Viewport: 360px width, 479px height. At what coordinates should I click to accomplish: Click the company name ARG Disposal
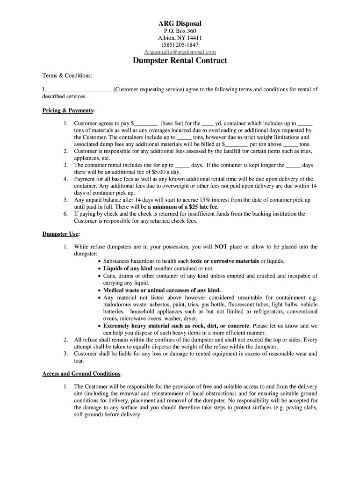(x=180, y=23)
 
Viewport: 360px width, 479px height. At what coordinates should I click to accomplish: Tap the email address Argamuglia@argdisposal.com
(x=180, y=52)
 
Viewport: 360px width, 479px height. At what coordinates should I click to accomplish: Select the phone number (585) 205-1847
(x=180, y=45)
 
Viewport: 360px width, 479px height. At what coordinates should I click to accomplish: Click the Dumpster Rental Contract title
(x=180, y=61)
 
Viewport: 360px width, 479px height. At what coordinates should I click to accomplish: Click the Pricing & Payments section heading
(x=68, y=111)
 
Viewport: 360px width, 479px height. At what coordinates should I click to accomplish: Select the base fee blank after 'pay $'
(x=145, y=124)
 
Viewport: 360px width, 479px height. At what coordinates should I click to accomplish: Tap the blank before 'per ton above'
(x=237, y=145)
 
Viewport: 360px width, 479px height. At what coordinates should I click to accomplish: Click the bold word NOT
(x=221, y=247)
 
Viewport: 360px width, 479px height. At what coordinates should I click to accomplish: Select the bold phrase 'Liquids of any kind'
(x=128, y=269)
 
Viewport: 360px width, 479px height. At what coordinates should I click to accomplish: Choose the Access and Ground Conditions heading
(x=81, y=374)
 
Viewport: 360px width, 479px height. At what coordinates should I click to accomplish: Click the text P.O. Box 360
(x=180, y=31)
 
